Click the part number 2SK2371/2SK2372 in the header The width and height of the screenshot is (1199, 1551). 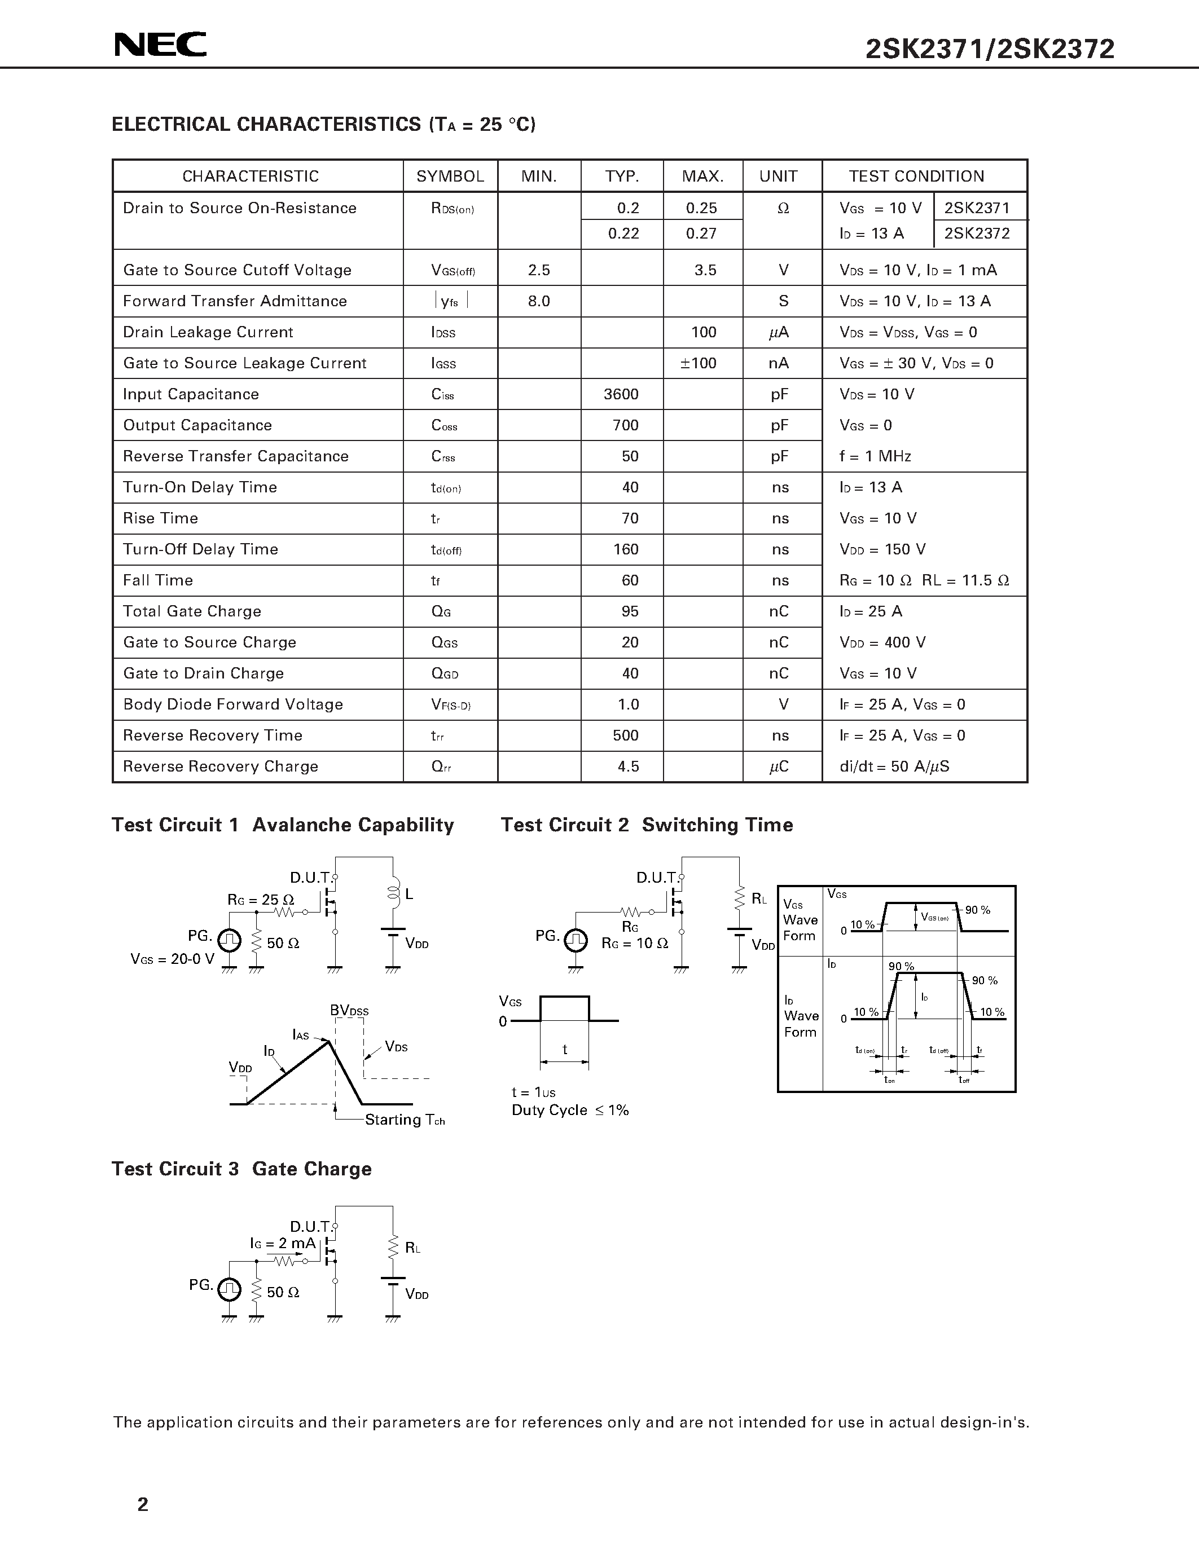click(x=990, y=49)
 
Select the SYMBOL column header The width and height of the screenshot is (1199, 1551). click(x=450, y=176)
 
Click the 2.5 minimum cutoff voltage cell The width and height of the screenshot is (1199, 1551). click(x=538, y=270)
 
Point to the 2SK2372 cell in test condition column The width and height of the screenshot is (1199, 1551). click(x=977, y=233)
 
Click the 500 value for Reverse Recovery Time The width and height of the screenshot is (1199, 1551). click(x=625, y=735)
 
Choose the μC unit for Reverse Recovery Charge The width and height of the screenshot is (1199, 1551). click(x=779, y=766)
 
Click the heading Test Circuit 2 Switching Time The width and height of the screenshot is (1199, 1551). click(x=647, y=825)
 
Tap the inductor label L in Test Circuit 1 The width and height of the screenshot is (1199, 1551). click(x=409, y=894)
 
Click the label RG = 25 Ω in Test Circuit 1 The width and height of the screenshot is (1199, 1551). click(x=261, y=900)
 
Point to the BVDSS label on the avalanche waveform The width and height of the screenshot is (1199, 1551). click(x=349, y=1010)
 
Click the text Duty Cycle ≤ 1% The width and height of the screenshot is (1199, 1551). click(x=570, y=1110)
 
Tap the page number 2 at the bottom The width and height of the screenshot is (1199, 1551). click(x=143, y=1504)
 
